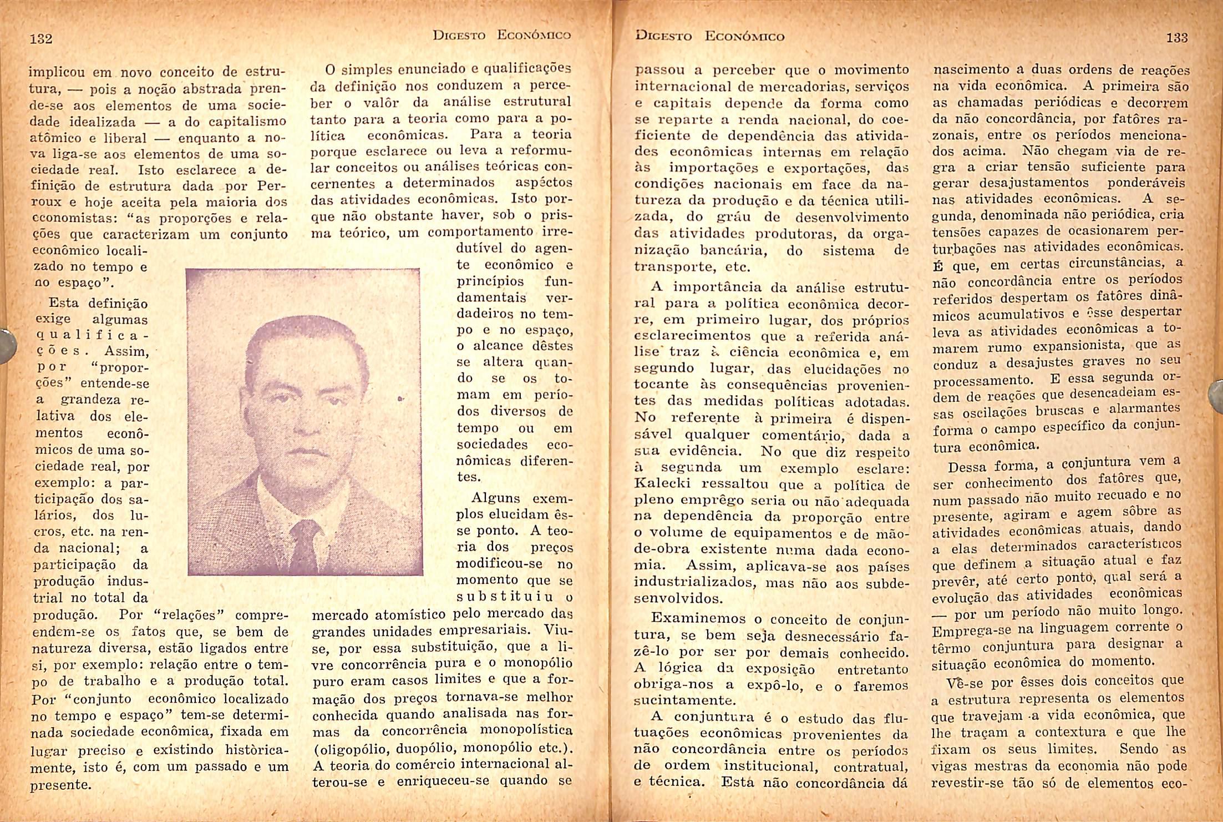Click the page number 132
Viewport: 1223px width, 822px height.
click(x=40, y=39)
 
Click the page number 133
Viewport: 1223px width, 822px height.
click(x=1176, y=38)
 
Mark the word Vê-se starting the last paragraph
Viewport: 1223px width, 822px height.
click(x=964, y=682)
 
